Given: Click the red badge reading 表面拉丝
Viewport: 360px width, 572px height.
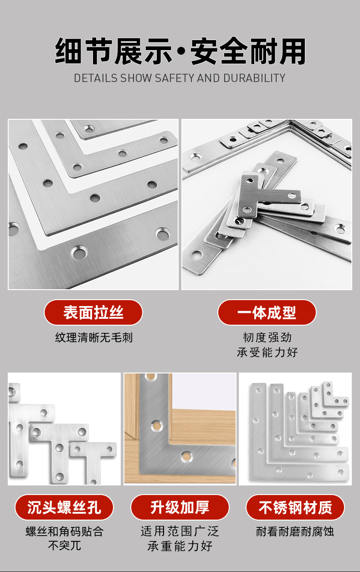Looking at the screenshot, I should pyautogui.click(x=93, y=312).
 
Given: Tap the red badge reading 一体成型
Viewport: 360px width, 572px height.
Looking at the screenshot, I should pyautogui.click(x=267, y=312).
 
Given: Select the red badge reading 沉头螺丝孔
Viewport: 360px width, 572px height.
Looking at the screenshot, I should pyautogui.click(x=64, y=507).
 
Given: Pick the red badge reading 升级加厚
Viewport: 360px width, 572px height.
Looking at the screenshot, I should pyautogui.click(x=180, y=507).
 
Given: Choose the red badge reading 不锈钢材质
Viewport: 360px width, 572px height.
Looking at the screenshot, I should pyautogui.click(x=295, y=507).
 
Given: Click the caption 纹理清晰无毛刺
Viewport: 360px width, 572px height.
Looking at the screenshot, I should pyautogui.click(x=94, y=337).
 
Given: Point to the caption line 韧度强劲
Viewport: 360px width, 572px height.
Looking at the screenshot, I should pyautogui.click(x=267, y=337).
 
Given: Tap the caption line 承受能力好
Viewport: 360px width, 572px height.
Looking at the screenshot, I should pyautogui.click(x=267, y=352).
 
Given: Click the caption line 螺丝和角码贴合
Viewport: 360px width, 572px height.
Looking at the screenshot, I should pyautogui.click(x=64, y=531).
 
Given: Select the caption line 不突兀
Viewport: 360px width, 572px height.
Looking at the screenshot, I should pyautogui.click(x=64, y=546).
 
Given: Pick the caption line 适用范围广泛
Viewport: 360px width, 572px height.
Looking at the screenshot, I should pyautogui.click(x=180, y=531).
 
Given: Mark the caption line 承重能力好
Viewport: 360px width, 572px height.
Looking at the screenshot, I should pyautogui.click(x=180, y=546).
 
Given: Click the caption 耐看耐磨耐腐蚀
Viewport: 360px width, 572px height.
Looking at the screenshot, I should pyautogui.click(x=295, y=531).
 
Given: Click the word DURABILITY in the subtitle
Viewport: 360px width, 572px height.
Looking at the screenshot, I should pyautogui.click(x=254, y=78).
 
